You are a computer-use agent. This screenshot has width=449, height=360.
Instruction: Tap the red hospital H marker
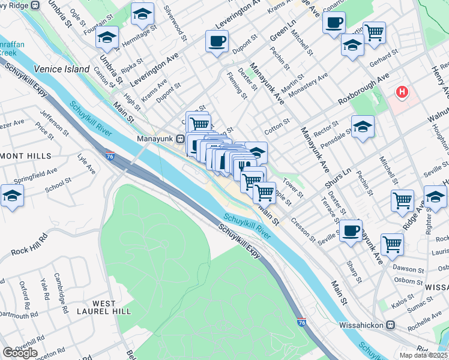click(x=402, y=92)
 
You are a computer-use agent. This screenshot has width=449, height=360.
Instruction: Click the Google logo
click(x=20, y=353)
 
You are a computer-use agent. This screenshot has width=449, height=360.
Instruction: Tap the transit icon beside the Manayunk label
click(x=179, y=139)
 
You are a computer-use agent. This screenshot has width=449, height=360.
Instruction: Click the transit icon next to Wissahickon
click(x=391, y=325)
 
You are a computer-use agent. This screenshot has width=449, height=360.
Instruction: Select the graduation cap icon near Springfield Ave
click(x=12, y=196)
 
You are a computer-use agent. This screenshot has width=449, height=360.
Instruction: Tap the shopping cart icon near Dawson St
click(x=392, y=244)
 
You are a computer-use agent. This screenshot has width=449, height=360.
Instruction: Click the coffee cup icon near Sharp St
click(x=351, y=230)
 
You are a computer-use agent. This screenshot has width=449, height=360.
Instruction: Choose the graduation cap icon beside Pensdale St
click(x=363, y=127)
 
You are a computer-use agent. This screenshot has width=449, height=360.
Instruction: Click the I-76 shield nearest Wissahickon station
click(x=301, y=323)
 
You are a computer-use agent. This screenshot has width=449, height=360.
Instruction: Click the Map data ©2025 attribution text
click(x=424, y=355)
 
